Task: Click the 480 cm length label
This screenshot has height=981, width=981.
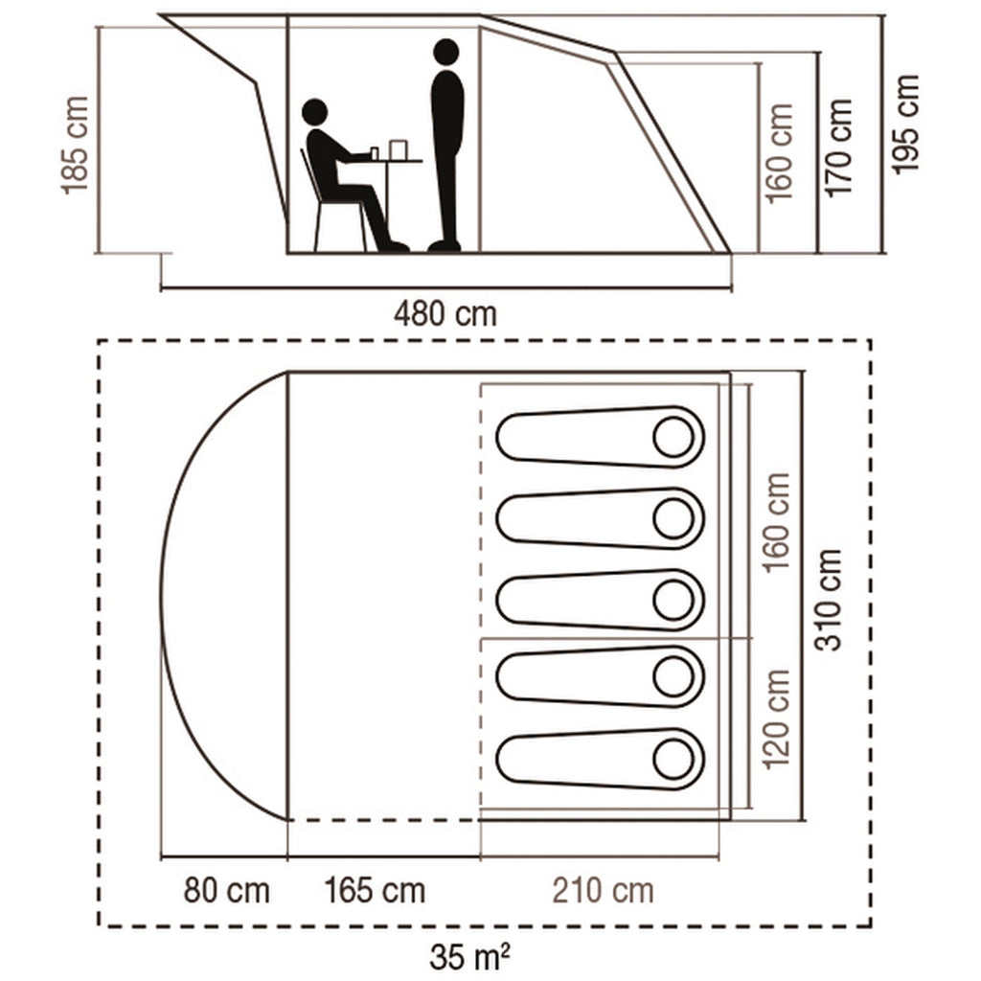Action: click(x=445, y=313)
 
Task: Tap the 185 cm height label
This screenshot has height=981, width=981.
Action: click(x=76, y=145)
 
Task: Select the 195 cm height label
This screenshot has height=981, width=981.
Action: click(x=905, y=125)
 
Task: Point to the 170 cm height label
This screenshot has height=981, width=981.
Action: click(x=839, y=148)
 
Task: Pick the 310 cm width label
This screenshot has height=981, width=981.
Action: click(x=830, y=600)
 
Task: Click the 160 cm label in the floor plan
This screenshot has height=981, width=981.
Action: click(x=777, y=521)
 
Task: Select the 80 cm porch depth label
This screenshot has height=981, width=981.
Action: click(x=226, y=891)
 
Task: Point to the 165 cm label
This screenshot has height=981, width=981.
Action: click(x=375, y=891)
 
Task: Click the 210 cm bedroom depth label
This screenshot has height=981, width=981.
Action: click(x=603, y=891)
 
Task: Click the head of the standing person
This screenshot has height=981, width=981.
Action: click(x=445, y=52)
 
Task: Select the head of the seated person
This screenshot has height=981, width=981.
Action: click(x=314, y=113)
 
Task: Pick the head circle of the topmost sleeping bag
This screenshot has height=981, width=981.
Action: click(x=673, y=438)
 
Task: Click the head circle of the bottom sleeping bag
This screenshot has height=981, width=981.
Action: click(x=673, y=760)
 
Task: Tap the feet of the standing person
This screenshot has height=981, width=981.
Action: click(x=444, y=246)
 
